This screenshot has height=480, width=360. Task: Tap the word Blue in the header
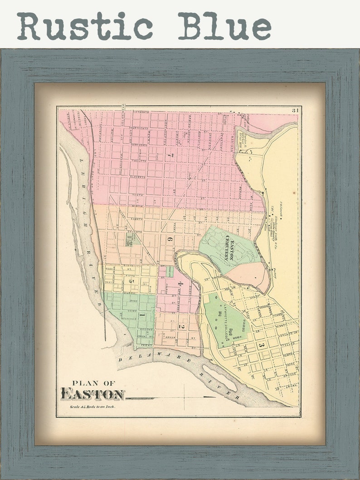(x=224, y=26)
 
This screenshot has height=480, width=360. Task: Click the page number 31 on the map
(x=295, y=110)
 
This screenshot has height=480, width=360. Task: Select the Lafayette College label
(x=224, y=321)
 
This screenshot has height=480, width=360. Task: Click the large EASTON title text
(x=92, y=394)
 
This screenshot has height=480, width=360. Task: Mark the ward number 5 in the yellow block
(x=132, y=281)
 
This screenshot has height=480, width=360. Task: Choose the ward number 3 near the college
(x=261, y=345)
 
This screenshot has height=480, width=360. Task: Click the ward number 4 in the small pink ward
(x=180, y=285)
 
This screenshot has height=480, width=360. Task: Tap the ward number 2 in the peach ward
(x=181, y=326)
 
